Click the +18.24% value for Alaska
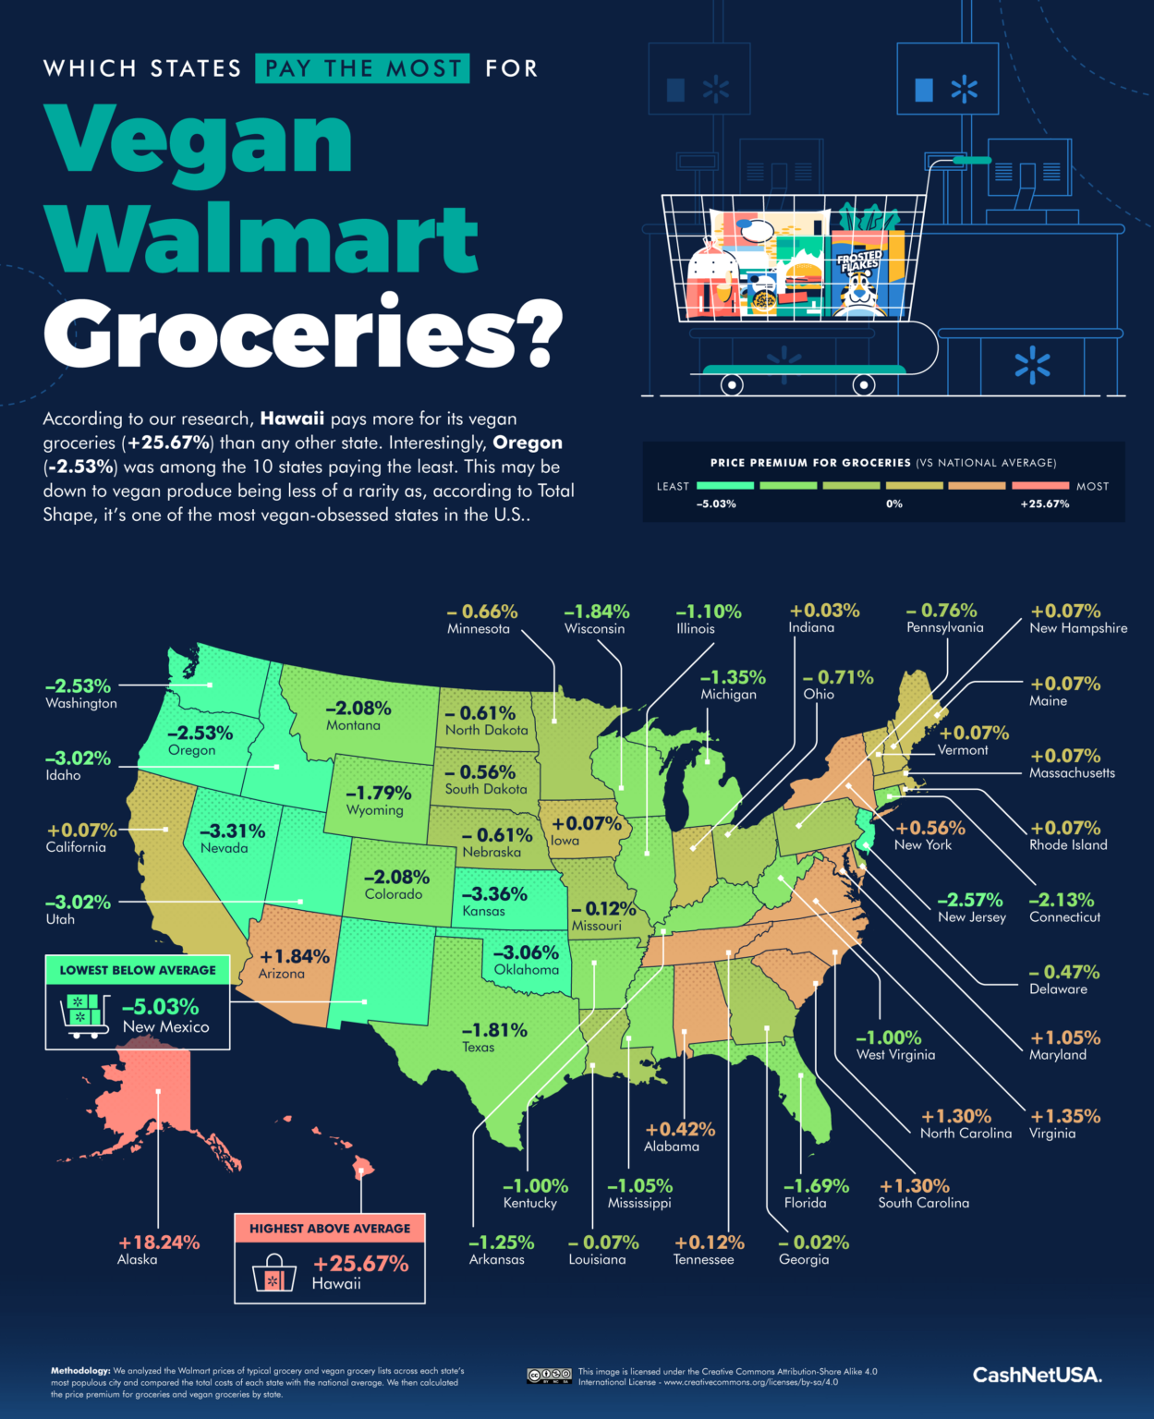159,1243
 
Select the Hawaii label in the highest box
336,1283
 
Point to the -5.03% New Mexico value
161,1006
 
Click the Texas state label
479,1048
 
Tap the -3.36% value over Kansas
494,893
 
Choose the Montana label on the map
353,726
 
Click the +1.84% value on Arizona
295,956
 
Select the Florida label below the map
805,1203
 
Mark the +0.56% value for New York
929,828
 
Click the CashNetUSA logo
1037,1375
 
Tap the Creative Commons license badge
549,1376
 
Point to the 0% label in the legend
893,504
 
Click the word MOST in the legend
1092,486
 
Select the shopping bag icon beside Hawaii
274,1273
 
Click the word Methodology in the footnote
80,1371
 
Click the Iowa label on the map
565,841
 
